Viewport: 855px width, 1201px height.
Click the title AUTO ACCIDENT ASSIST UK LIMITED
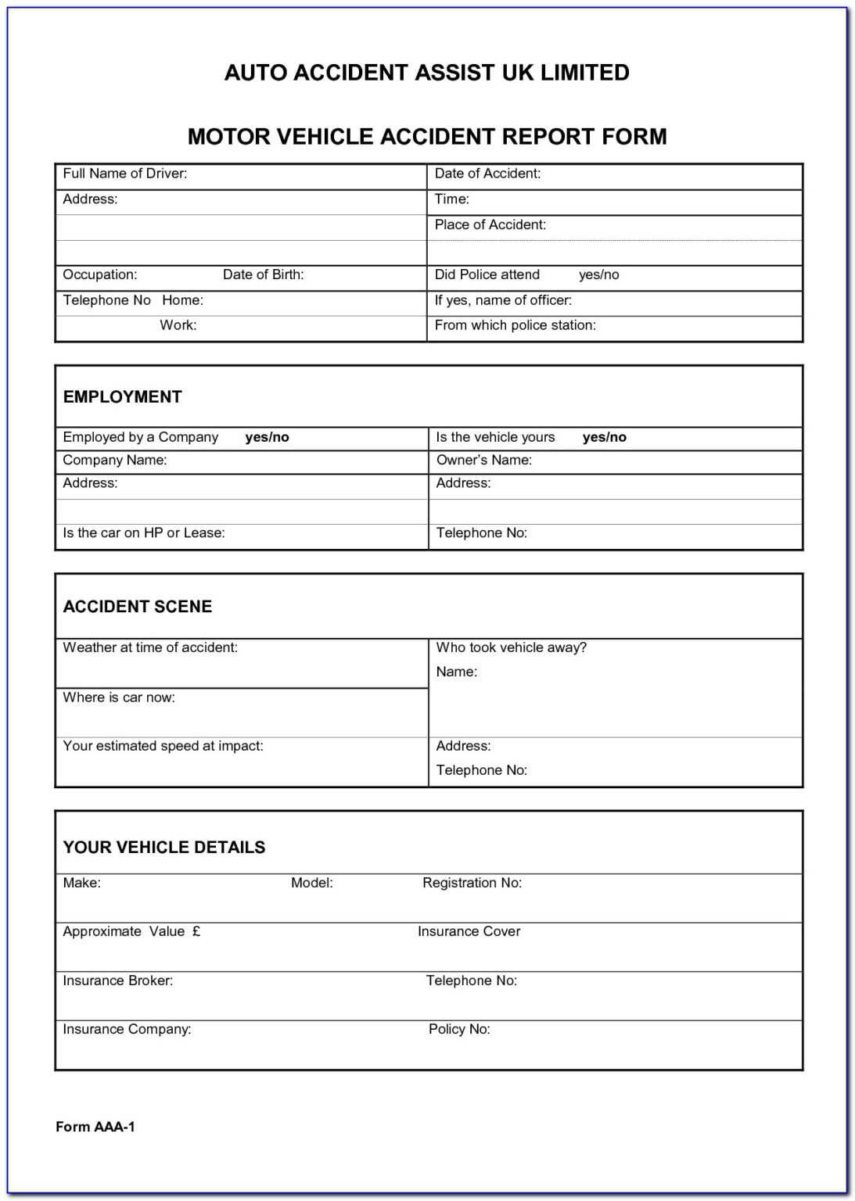(426, 73)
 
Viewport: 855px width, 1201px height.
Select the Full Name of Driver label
(124, 174)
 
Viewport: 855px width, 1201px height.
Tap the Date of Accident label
(487, 174)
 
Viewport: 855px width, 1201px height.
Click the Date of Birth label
(263, 274)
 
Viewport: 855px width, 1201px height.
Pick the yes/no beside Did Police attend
(598, 275)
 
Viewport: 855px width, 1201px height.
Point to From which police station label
(515, 325)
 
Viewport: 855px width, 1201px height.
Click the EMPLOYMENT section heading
(122, 397)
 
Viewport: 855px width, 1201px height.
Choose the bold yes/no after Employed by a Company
(267, 438)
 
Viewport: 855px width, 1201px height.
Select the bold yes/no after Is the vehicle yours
(604, 438)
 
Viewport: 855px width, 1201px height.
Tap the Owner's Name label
(483, 461)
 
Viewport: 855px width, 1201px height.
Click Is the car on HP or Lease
(143, 533)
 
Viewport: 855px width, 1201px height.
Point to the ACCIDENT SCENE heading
(137, 607)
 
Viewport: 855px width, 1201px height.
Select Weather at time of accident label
(149, 647)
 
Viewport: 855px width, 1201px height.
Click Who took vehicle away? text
(511, 647)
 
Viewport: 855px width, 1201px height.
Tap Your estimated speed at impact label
(163, 746)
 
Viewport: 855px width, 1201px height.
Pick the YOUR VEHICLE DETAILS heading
(163, 848)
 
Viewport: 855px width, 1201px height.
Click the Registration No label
(472, 883)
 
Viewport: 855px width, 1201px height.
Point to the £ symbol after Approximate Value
(196, 931)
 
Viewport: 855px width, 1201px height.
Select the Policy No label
(458, 1030)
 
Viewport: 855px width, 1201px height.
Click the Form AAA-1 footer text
(95, 1127)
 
